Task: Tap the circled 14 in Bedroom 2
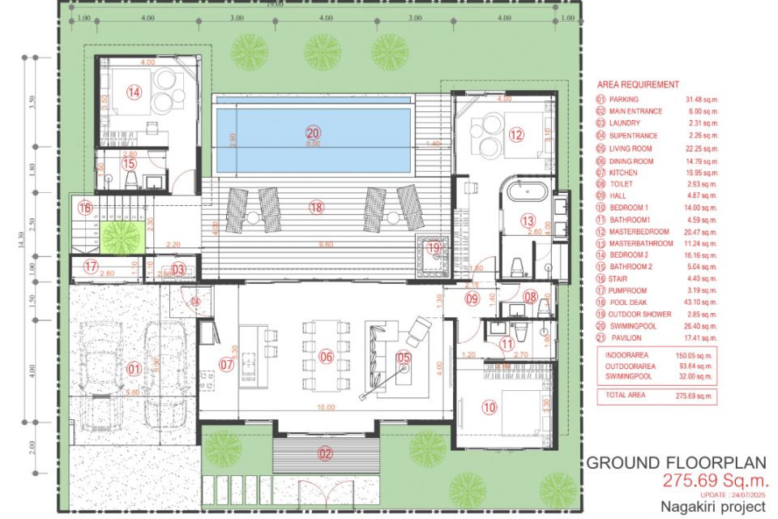click(134, 92)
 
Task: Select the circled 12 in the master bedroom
click(515, 135)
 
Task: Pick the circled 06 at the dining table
click(327, 356)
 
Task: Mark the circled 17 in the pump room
click(90, 265)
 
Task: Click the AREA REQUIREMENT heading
click(638, 84)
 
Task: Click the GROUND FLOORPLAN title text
click(676, 463)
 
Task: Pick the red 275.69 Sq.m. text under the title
click(713, 480)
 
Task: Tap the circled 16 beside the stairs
click(85, 208)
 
